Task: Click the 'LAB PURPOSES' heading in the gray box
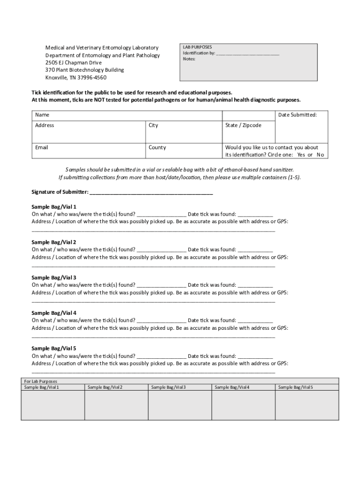[x=197, y=47]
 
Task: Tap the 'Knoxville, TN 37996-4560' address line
[x=76, y=78]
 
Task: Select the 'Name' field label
[x=42, y=115]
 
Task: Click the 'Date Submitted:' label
[x=297, y=115]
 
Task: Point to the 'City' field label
[x=153, y=125]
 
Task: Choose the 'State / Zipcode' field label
[x=243, y=125]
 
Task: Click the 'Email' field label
[x=42, y=147]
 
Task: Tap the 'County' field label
[x=157, y=147]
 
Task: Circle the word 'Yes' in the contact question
[x=301, y=155]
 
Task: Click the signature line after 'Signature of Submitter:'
[x=151, y=193]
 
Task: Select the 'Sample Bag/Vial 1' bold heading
[x=54, y=207]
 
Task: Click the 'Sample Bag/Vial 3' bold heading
[x=54, y=277]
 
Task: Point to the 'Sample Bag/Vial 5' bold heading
[x=54, y=348]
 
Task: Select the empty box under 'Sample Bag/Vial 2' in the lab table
[x=116, y=405]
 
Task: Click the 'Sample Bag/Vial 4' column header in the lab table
[x=232, y=387]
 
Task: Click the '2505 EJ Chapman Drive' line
[x=73, y=63]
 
